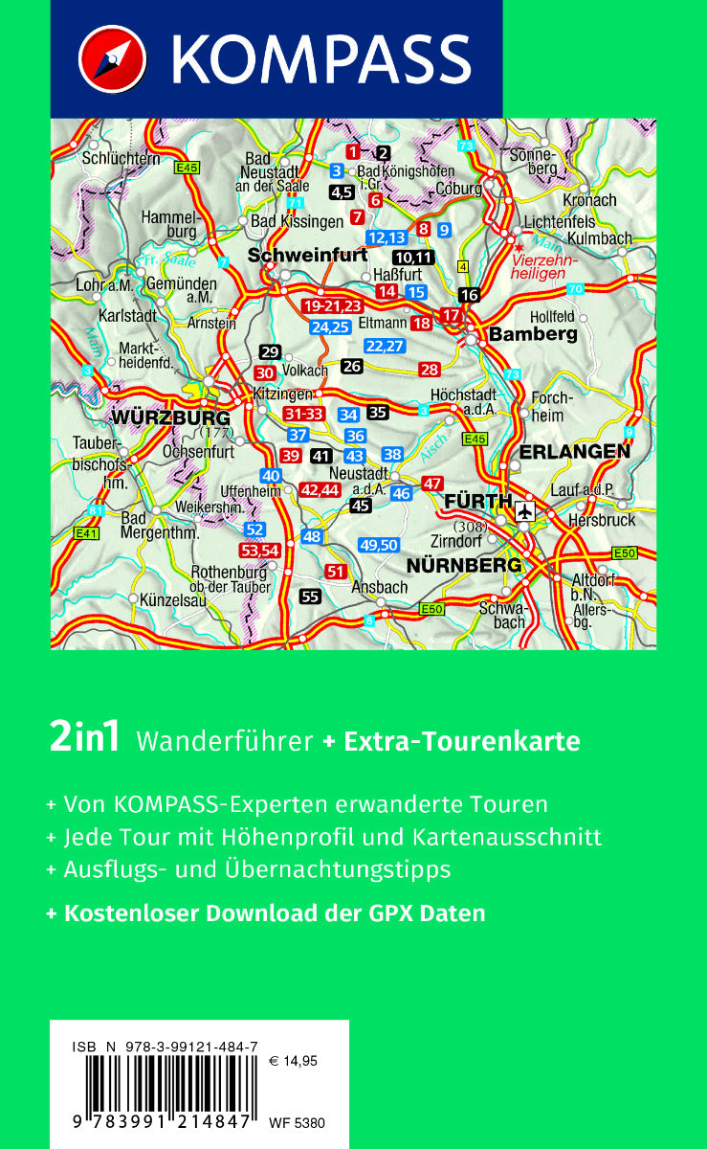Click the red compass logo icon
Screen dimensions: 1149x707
[x=112, y=59]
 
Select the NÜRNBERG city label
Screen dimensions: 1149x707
[x=465, y=564]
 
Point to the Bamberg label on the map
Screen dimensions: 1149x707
[x=534, y=334]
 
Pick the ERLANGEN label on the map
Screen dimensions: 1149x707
[x=574, y=451]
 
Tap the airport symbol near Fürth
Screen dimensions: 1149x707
[x=524, y=511]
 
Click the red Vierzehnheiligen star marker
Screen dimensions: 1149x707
[x=519, y=247]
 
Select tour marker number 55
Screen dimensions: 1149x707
[x=309, y=597]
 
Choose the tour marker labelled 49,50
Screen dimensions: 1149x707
[x=379, y=545]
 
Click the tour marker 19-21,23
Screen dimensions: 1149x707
[x=331, y=306]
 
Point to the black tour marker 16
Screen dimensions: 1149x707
[x=469, y=295]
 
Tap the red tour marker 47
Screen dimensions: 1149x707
[x=433, y=484]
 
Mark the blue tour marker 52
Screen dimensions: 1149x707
[x=254, y=529]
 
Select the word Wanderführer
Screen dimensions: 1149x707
[x=225, y=741]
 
